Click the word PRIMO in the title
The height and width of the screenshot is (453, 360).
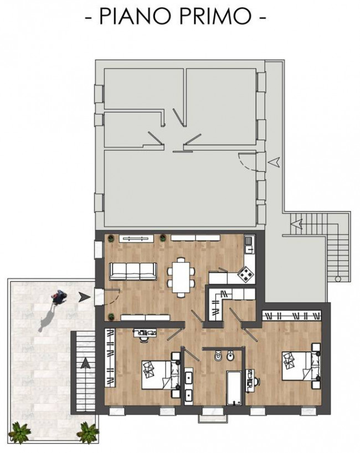[215, 16]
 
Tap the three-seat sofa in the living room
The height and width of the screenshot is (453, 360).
[133, 271]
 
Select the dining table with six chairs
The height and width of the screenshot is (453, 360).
[181, 277]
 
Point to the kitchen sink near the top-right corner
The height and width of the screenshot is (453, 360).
[249, 244]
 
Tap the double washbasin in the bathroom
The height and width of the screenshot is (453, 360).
[189, 386]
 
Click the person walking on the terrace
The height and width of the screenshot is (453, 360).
[59, 297]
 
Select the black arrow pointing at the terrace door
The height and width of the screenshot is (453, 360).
[84, 297]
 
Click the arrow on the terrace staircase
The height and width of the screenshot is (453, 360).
[85, 363]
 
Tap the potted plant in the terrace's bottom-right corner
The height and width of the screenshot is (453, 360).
[89, 432]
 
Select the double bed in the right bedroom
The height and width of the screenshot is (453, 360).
[301, 366]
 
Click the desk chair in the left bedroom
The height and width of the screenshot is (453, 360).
[143, 340]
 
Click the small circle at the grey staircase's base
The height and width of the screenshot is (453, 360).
[338, 279]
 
